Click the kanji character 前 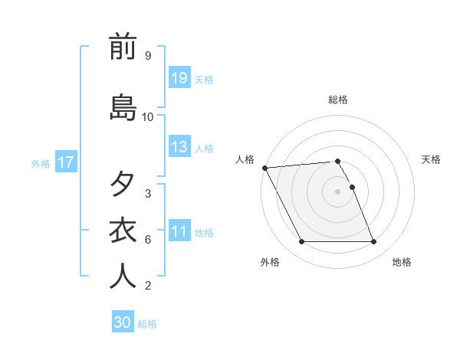pos(123,47)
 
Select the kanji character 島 pos(123,107)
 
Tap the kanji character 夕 pos(123,184)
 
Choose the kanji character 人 pos(123,277)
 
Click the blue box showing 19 pos(179,78)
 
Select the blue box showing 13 pos(179,147)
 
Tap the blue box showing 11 pos(179,231)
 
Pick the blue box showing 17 pos(65,162)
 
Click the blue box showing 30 pos(123,322)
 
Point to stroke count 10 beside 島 pos(148,117)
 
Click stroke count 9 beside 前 pos(147,56)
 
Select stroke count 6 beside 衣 pos(147,240)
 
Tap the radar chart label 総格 pos(338,100)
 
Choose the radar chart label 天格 pos(432,159)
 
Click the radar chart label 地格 pos(402,262)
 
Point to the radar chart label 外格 pos(270,262)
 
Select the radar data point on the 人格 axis pos(264,168)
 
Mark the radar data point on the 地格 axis pos(374,242)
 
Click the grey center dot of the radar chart pos(338,191)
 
